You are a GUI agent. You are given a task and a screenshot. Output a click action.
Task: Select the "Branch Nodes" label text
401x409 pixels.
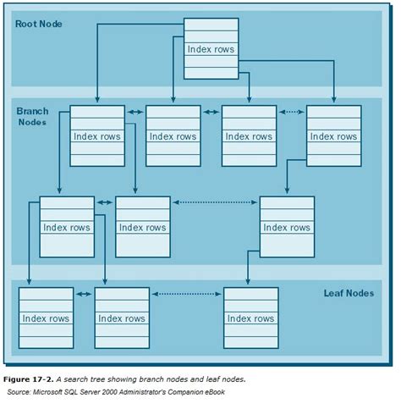(33, 117)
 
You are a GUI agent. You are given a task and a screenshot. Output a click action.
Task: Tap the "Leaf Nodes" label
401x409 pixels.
(348, 293)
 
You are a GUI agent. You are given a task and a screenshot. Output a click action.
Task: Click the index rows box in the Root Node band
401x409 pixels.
(211, 49)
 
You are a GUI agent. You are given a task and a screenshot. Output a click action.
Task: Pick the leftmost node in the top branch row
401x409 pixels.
(96, 135)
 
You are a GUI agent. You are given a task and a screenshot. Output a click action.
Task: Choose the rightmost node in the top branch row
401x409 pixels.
(332, 135)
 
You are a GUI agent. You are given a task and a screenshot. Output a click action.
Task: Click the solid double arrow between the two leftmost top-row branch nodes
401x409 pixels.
(135, 111)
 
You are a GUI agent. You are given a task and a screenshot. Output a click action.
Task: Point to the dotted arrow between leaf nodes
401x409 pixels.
(186, 293)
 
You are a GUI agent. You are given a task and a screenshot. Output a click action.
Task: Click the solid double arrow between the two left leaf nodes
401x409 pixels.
(84, 293)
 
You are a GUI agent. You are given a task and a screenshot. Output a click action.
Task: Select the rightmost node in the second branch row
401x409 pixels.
(287, 226)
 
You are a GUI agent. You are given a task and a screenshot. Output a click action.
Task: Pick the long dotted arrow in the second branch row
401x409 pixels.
(215, 202)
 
